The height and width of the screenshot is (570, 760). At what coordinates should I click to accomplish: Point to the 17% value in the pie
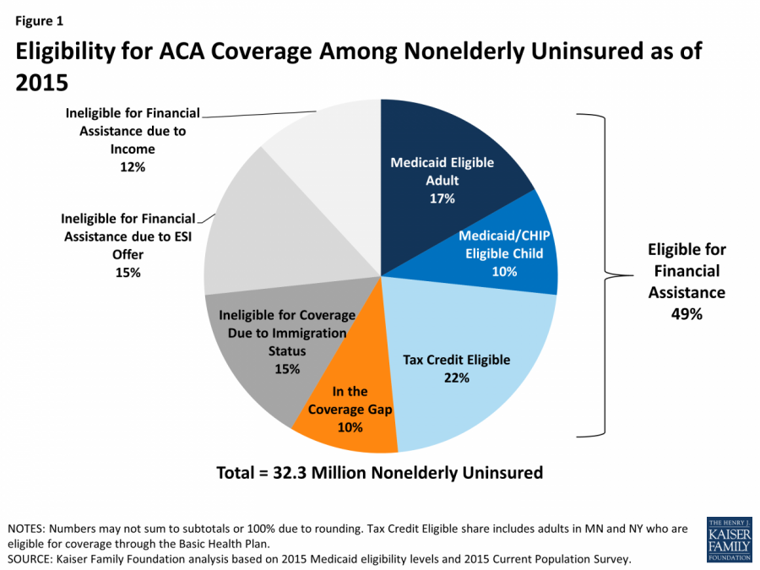(442, 198)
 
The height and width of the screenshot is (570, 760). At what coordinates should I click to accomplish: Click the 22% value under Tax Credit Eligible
(456, 377)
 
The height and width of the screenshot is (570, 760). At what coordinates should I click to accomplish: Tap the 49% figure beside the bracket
(687, 313)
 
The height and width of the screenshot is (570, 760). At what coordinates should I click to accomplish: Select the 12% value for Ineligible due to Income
(133, 167)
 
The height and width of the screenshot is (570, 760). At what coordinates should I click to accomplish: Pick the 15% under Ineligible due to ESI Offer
(128, 273)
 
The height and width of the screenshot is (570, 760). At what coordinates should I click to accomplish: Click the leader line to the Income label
(262, 112)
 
